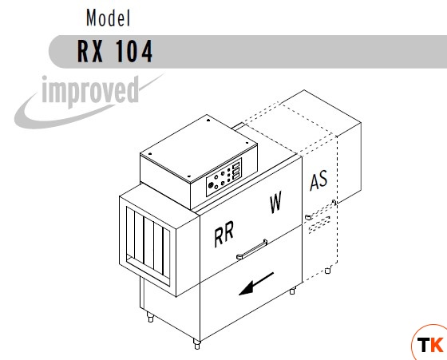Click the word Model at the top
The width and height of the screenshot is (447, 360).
pyautogui.click(x=109, y=18)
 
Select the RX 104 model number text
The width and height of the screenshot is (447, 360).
pyautogui.click(x=115, y=51)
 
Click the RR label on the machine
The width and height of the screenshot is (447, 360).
pyautogui.click(x=224, y=234)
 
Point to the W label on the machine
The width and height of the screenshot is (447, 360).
pyautogui.click(x=275, y=202)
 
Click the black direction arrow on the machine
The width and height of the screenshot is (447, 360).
pyautogui.click(x=256, y=284)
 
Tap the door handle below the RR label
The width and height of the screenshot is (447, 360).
pyautogui.click(x=252, y=249)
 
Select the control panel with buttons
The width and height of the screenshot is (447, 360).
pyautogui.click(x=224, y=177)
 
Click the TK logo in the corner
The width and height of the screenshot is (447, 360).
pyautogui.click(x=430, y=343)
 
